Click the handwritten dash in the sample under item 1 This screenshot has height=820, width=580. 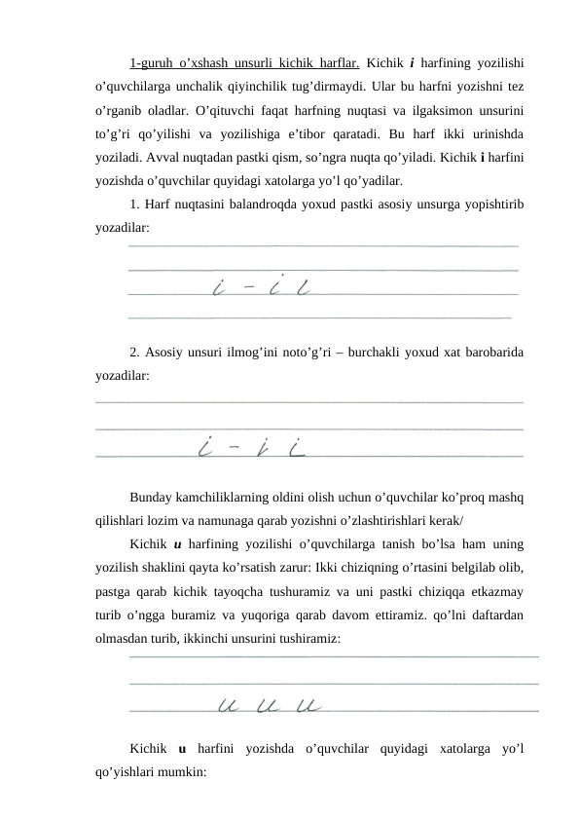pos(249,288)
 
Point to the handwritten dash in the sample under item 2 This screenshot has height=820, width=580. pos(234,450)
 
